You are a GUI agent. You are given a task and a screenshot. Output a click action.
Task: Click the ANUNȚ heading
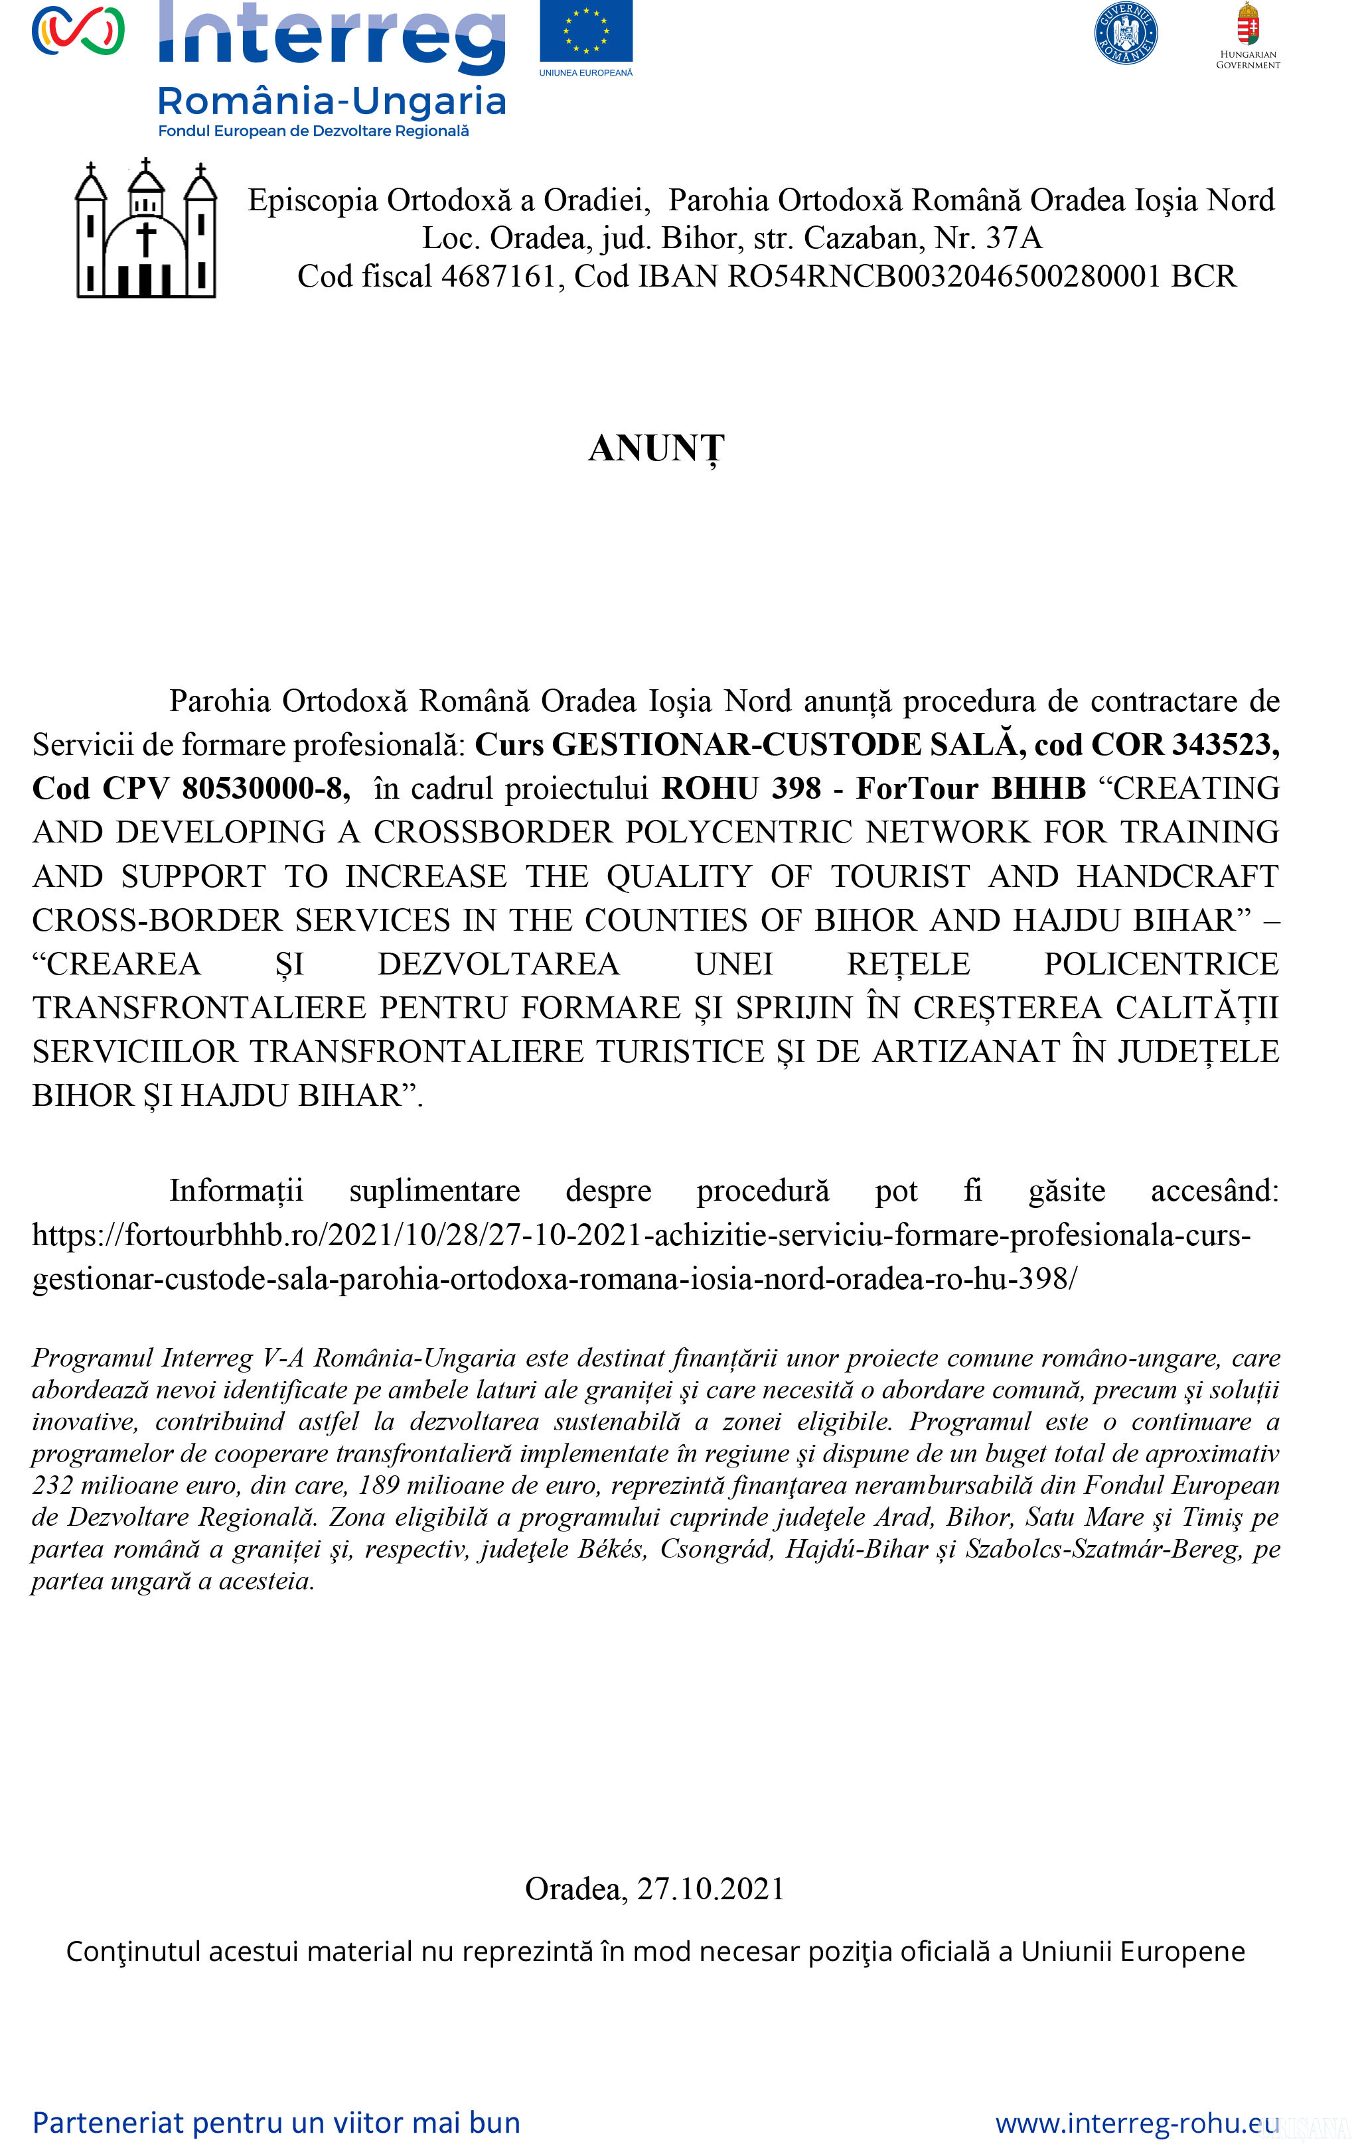[656, 449]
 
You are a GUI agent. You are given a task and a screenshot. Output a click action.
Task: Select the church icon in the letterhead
[145, 230]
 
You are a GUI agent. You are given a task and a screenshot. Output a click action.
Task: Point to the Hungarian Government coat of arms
[1248, 24]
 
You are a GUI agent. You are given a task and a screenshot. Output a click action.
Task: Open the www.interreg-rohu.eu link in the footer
[1137, 2122]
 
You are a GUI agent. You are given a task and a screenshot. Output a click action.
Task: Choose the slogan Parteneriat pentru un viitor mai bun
[277, 2122]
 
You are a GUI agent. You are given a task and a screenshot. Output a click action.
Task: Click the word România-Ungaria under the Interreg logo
[331, 101]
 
